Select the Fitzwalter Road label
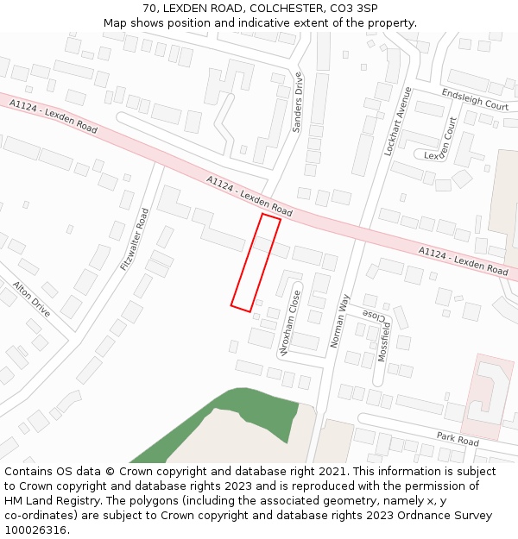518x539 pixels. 136,239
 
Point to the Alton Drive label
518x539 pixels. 32,296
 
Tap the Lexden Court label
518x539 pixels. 449,143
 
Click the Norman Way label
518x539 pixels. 340,321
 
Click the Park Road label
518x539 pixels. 458,439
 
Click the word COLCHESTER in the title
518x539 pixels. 275,9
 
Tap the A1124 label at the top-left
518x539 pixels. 26,104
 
